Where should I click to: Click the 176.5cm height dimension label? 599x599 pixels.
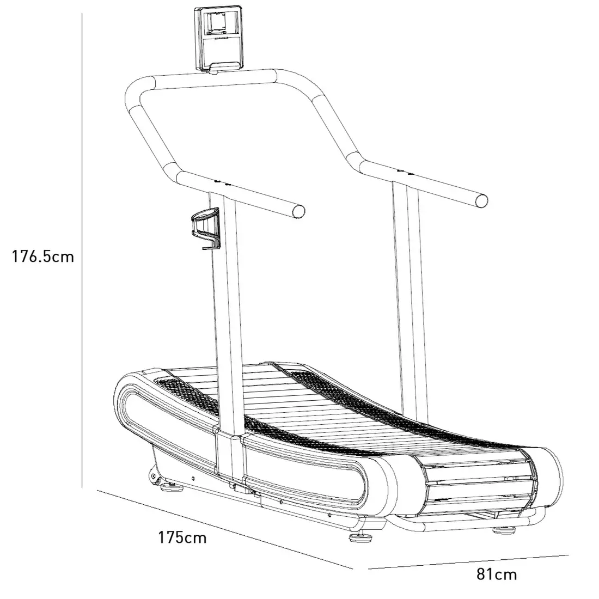pyautogui.click(x=42, y=256)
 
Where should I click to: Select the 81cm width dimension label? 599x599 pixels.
pyautogui.click(x=496, y=573)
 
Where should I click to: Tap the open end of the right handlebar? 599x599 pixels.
pyautogui.click(x=481, y=200)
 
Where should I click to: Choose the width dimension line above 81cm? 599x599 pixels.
pyautogui.click(x=468, y=562)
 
